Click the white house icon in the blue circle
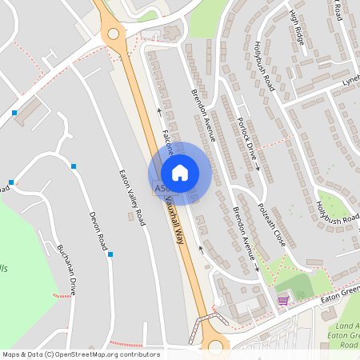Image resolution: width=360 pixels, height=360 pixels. pos(180,172)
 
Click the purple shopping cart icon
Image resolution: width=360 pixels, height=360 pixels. pos(282,301)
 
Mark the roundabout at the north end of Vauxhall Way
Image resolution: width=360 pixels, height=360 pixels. pos(113,34)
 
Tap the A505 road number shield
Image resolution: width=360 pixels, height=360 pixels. pos(161,189)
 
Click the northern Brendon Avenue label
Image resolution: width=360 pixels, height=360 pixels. pos(203,115)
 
